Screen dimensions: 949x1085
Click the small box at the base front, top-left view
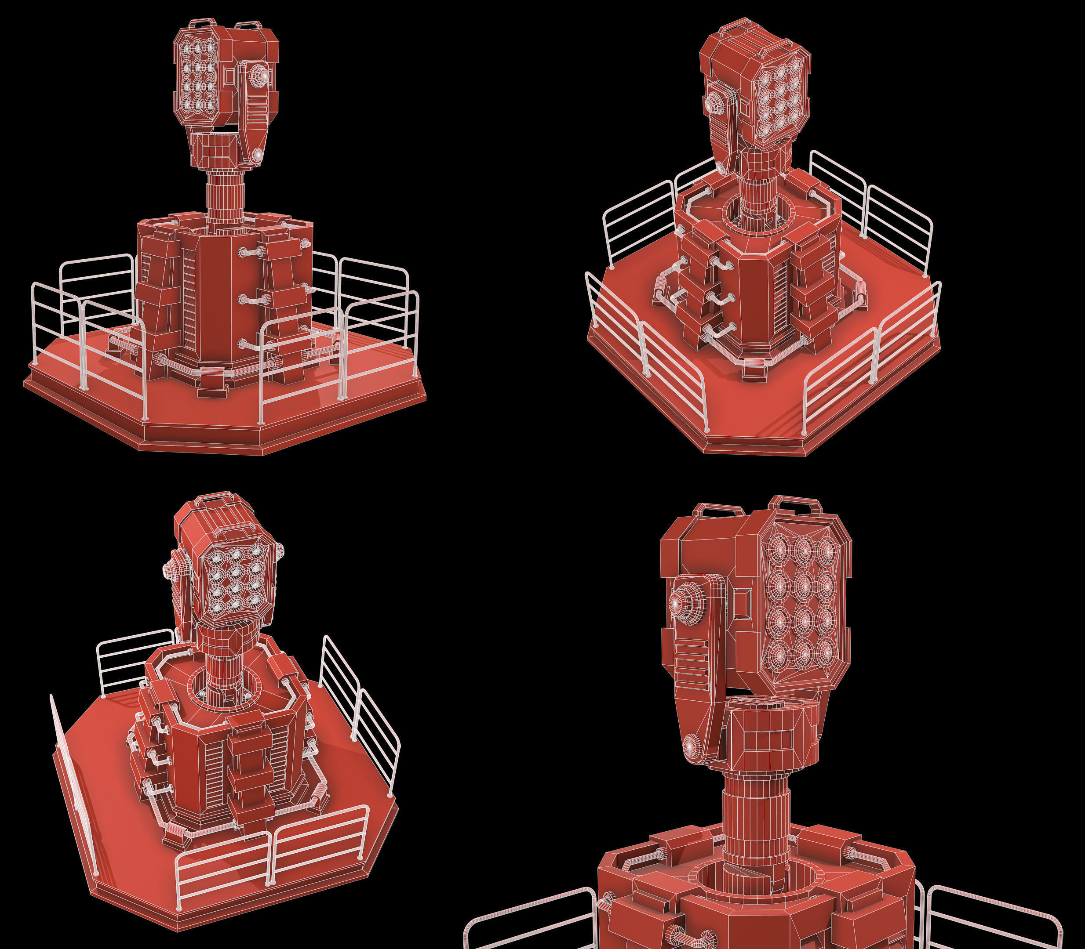212,391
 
